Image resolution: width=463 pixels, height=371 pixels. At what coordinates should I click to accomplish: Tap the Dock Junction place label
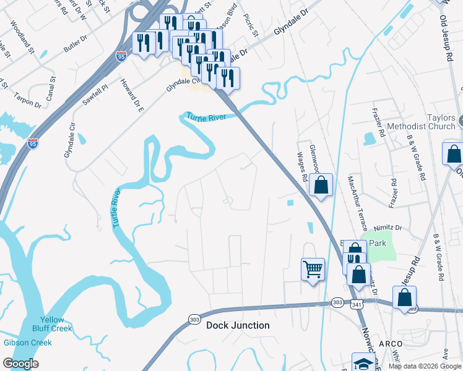[x=238, y=325]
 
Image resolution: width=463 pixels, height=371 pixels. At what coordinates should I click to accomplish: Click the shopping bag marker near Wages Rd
[x=321, y=185]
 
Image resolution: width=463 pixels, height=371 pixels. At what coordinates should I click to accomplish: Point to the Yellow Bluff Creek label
[x=53, y=324]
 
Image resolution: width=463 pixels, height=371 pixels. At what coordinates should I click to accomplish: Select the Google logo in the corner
[x=20, y=364]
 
